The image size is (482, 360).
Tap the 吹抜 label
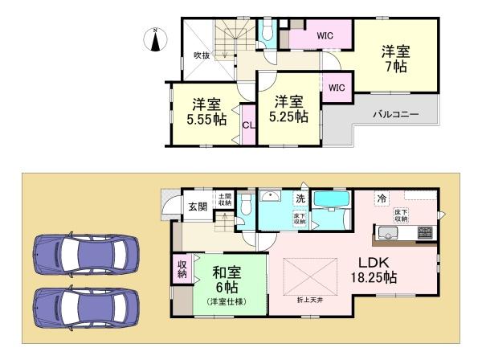(x=202, y=55)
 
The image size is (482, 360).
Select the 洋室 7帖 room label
(x=396, y=57)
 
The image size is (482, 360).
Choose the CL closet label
(x=248, y=125)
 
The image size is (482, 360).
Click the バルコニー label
(x=395, y=115)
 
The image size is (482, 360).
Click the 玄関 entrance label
(x=198, y=207)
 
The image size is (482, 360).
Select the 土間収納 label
(x=224, y=199)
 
